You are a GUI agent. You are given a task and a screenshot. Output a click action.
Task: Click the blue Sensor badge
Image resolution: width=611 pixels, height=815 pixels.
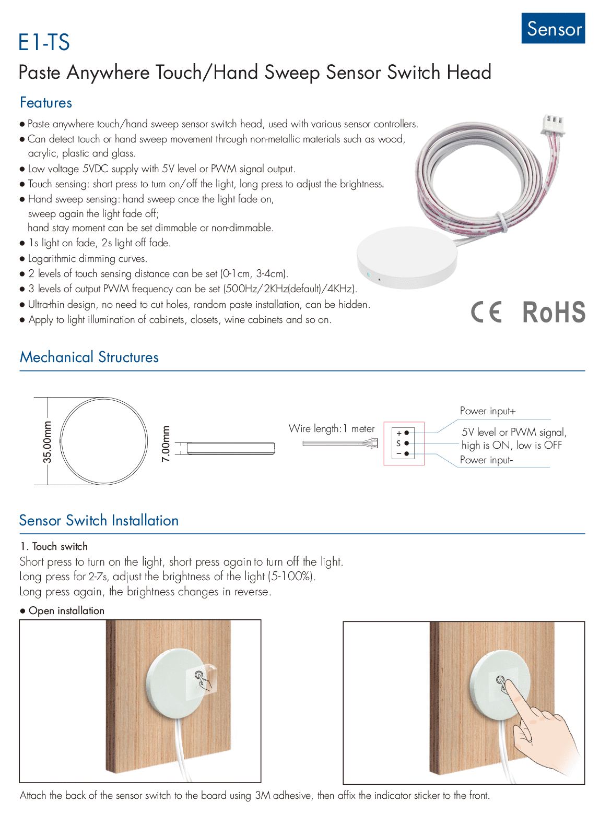pyautogui.click(x=553, y=28)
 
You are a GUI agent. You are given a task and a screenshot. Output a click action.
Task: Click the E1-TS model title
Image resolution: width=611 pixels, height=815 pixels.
pyautogui.click(x=44, y=43)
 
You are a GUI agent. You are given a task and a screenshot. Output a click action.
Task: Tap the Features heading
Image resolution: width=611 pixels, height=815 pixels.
pyautogui.click(x=46, y=103)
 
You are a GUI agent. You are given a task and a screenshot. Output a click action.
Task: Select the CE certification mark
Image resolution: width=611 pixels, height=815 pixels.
pyautogui.click(x=486, y=312)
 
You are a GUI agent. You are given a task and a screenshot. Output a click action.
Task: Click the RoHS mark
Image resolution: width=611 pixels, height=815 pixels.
pyautogui.click(x=554, y=312)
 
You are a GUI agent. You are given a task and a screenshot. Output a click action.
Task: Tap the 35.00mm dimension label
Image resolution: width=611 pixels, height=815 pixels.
pyautogui.click(x=48, y=441)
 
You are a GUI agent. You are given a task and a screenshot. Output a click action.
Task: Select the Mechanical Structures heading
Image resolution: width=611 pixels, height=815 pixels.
pyautogui.click(x=89, y=357)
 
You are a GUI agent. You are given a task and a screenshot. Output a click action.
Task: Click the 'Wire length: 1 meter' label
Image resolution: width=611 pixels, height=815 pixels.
pyautogui.click(x=332, y=429)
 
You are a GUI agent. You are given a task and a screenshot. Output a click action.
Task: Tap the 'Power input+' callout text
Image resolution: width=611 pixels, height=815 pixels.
pyautogui.click(x=488, y=411)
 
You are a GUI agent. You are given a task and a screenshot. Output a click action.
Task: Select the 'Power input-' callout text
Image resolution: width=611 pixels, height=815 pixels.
pyautogui.click(x=486, y=460)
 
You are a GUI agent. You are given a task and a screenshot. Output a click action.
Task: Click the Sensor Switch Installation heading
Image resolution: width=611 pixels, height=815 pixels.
pyautogui.click(x=99, y=521)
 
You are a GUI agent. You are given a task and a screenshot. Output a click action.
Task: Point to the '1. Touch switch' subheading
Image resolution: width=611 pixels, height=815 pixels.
pyautogui.click(x=54, y=546)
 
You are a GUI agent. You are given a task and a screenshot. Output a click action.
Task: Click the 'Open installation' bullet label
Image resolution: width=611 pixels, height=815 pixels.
pyautogui.click(x=66, y=610)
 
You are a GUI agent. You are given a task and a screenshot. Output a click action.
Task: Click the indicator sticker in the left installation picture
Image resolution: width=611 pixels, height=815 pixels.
pyautogui.click(x=201, y=679)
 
